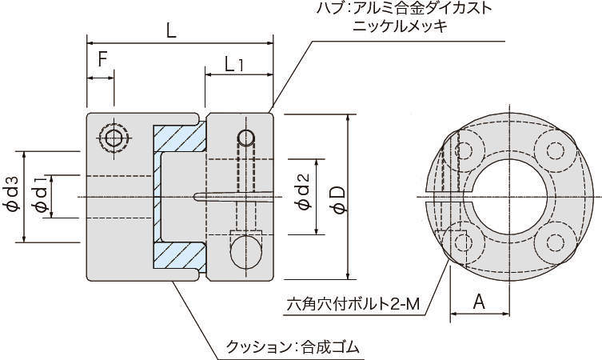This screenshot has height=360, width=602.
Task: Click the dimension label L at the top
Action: tap(171, 30)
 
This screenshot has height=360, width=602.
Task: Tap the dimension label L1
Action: tap(235, 64)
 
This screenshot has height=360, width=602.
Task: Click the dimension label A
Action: tap(479, 302)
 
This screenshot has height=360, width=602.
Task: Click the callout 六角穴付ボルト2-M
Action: tap(353, 305)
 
